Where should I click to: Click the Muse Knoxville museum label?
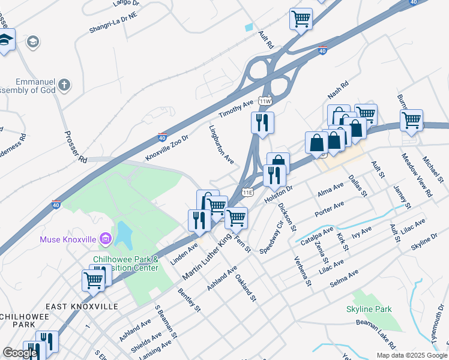click(68, 239)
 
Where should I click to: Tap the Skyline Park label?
click(369, 309)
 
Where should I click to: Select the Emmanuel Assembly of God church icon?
click(65, 85)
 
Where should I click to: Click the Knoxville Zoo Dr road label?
click(167, 148)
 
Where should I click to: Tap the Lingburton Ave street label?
click(221, 145)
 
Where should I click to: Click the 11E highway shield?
click(247, 192)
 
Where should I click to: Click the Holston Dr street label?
click(278, 193)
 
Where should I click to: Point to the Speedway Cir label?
click(271, 238)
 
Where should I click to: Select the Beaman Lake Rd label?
click(375, 334)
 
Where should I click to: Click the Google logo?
click(19, 353)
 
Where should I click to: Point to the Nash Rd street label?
click(338, 91)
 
